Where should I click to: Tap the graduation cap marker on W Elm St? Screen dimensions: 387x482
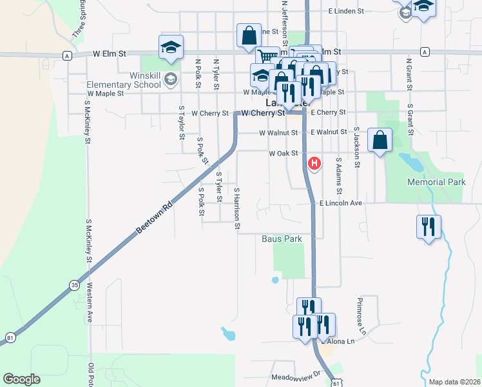coord(171,48)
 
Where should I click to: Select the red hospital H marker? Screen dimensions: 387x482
coord(314,164)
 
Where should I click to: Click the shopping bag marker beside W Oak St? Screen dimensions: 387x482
coord(380,141)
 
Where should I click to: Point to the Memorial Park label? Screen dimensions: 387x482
coord(436,183)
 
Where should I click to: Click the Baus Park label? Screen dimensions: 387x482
coord(282,239)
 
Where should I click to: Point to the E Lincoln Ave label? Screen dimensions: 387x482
coord(341,203)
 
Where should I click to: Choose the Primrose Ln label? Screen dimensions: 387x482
coord(361,316)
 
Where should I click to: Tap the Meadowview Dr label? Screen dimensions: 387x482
coord(296,375)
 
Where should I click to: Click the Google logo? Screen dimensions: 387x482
coord(21,379)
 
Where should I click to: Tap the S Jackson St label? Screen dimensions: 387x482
coord(355,146)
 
